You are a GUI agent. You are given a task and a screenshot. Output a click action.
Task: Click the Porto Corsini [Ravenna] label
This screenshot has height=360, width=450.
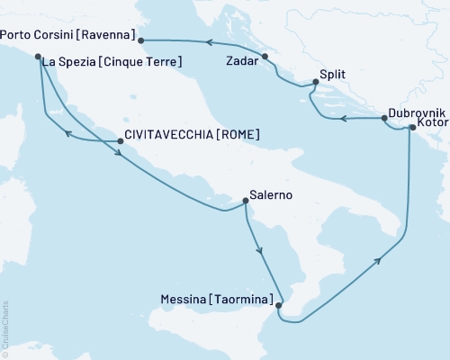click(x=68, y=36)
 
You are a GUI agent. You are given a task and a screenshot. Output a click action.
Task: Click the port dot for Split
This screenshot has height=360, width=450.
click(x=314, y=84)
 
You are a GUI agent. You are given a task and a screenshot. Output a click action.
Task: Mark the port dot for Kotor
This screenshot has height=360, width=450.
click(x=412, y=128)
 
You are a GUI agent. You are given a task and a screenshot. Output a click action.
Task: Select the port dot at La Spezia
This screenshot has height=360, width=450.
click(x=38, y=58)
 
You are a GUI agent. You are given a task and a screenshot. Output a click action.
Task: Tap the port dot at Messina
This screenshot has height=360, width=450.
click(x=278, y=306)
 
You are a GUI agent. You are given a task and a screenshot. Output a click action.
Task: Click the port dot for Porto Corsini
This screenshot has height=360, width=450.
click(x=141, y=39)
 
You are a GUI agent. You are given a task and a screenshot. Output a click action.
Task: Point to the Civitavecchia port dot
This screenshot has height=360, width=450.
click(x=120, y=140)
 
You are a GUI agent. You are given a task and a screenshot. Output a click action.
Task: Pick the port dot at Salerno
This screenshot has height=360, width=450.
click(x=246, y=203)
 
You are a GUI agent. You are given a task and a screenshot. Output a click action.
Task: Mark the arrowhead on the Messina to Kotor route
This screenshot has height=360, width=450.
click(x=379, y=260)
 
